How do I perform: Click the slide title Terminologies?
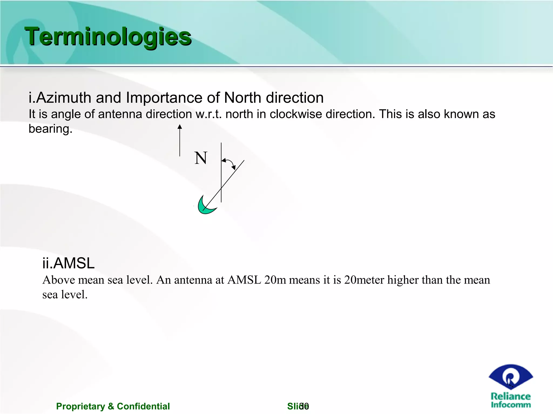pyautogui.click(x=108, y=37)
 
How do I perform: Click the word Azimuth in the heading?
pyautogui.click(x=63, y=98)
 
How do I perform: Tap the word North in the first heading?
pyautogui.click(x=242, y=98)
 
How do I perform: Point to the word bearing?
pyautogui.click(x=50, y=129)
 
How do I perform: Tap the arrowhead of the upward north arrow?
pyautogui.click(x=180, y=126)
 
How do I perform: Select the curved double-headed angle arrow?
pyautogui.click(x=229, y=163)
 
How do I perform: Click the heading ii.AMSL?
pyautogui.click(x=68, y=263)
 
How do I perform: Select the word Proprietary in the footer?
pyautogui.click(x=80, y=406)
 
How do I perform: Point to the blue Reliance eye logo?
pyautogui.click(x=510, y=377)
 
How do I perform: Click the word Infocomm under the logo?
pyautogui.click(x=511, y=405)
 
